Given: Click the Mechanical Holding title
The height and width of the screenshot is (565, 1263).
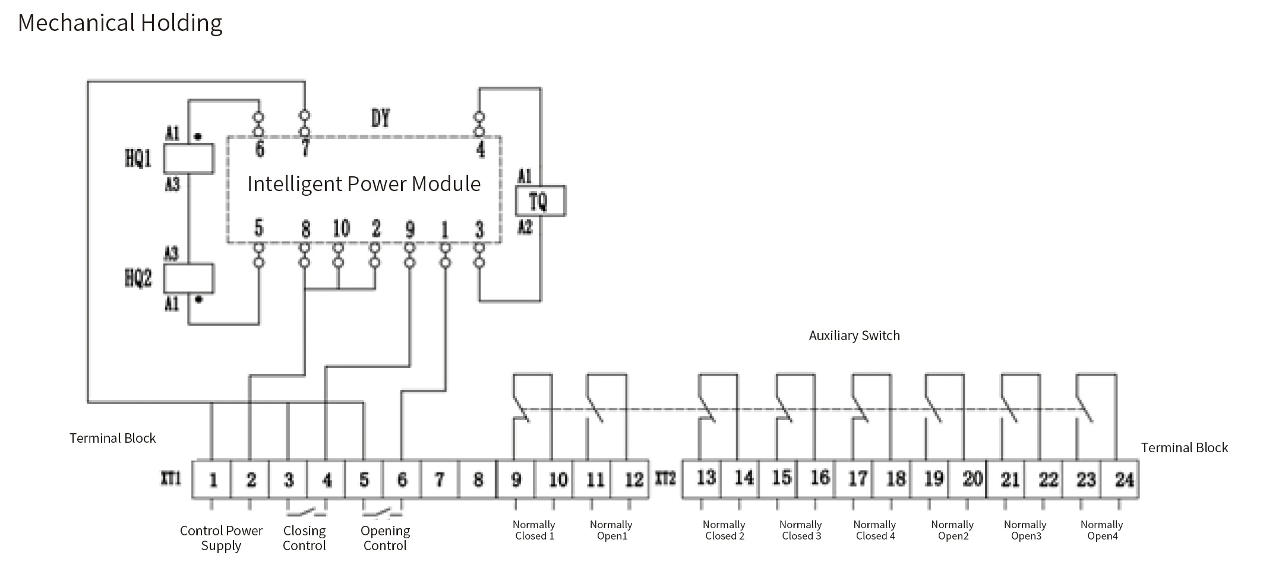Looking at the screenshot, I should click(120, 23).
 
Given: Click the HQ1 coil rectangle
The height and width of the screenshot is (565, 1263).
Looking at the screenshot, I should click(188, 158).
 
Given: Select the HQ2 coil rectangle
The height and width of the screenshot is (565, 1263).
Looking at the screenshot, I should click(188, 278).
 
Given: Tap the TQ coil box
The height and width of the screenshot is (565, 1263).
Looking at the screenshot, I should click(540, 201).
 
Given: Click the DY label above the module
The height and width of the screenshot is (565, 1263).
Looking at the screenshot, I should click(380, 118).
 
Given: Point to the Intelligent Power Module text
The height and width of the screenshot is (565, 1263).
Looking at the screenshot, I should click(364, 184).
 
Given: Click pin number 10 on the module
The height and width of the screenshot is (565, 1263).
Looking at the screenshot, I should click(341, 228).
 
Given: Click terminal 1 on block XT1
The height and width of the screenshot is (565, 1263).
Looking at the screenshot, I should click(213, 480).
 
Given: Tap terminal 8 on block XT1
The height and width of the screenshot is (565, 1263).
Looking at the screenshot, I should click(478, 480).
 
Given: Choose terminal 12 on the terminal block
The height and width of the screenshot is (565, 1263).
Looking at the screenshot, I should click(633, 480).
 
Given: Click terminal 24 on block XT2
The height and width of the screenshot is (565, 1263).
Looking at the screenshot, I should click(1123, 480).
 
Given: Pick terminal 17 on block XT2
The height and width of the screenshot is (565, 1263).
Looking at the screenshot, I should click(857, 478).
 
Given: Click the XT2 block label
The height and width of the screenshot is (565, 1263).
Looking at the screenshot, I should click(665, 478).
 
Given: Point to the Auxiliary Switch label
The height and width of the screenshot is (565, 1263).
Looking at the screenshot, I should click(854, 335).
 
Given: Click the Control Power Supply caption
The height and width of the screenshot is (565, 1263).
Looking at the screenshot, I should click(221, 538).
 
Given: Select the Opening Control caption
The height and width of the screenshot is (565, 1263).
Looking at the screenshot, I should click(385, 538).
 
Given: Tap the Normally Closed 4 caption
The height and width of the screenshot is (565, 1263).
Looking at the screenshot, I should click(874, 530).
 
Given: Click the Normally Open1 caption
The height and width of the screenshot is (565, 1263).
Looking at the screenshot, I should click(611, 530).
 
